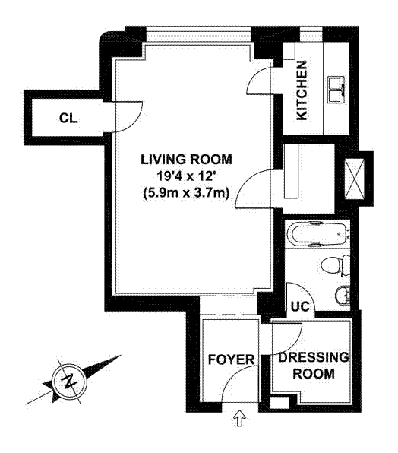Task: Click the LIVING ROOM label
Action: [186, 160]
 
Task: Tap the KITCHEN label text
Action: [302, 90]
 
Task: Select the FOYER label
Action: [232, 360]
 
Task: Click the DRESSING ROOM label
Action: [314, 365]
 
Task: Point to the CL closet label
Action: [68, 118]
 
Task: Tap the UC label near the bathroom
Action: [300, 306]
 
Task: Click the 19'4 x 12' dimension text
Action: [186, 176]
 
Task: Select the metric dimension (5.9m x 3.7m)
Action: [186, 192]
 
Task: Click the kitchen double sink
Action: [336, 90]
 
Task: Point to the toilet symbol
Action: [335, 265]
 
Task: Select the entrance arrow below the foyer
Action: [239, 419]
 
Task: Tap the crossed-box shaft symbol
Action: [355, 179]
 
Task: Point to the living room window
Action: [198, 36]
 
